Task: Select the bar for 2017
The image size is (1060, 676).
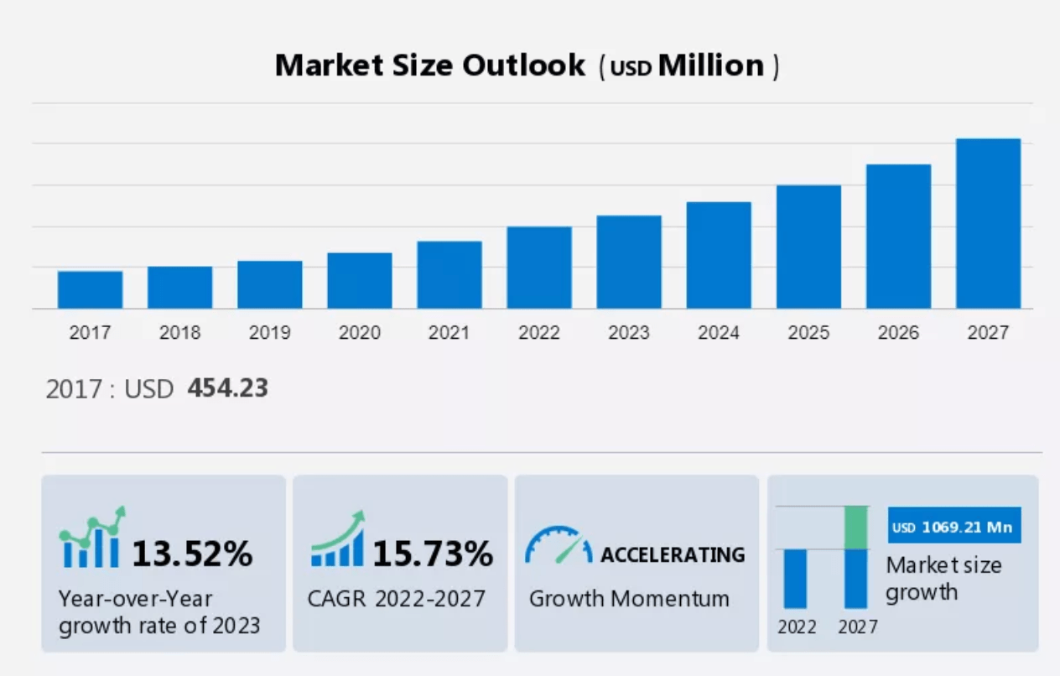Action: click(90, 289)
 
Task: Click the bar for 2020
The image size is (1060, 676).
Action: click(359, 280)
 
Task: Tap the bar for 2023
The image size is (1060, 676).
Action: click(629, 262)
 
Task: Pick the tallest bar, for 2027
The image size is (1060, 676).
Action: click(988, 223)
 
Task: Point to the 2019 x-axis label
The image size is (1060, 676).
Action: click(269, 333)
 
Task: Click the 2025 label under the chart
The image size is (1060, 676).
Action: click(808, 333)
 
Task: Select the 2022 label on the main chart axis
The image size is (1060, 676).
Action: click(538, 333)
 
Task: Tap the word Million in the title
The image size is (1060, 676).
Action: click(711, 65)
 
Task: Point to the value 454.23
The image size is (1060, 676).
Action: click(227, 388)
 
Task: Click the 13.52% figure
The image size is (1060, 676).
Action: click(192, 554)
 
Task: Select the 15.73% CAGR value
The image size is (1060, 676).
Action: click(432, 554)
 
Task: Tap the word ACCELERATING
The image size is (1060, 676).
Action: click(673, 554)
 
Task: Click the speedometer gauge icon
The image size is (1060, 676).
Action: click(558, 545)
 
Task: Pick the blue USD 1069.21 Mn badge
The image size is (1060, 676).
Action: click(953, 528)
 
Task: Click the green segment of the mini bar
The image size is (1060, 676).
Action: click(855, 528)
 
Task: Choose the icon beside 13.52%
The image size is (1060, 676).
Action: click(92, 538)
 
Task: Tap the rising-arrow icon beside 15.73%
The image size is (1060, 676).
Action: click(338, 539)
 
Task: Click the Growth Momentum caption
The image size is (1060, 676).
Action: click(629, 599)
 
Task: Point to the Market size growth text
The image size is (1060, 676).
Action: click(943, 579)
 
